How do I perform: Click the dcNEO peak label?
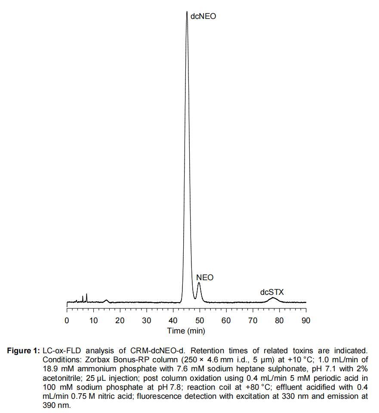(203, 17)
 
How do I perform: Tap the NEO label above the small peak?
(205, 278)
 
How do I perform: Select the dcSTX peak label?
(272, 292)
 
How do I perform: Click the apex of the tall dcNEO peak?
(187, 12)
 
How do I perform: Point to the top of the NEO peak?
(199, 283)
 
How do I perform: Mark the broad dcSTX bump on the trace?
(273, 298)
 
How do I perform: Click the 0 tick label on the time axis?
(67, 321)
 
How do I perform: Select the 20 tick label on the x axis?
(120, 321)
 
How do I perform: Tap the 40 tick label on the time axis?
(173, 321)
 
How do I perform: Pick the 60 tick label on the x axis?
(226, 321)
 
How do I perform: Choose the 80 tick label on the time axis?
(280, 321)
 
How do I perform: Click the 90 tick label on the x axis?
(306, 321)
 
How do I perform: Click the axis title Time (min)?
(186, 331)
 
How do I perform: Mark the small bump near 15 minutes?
(106, 300)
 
